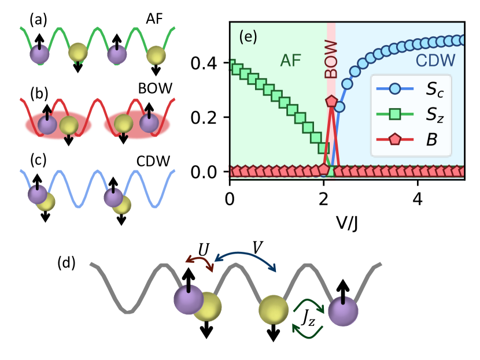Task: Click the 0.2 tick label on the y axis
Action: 206,117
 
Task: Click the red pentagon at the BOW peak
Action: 331,101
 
